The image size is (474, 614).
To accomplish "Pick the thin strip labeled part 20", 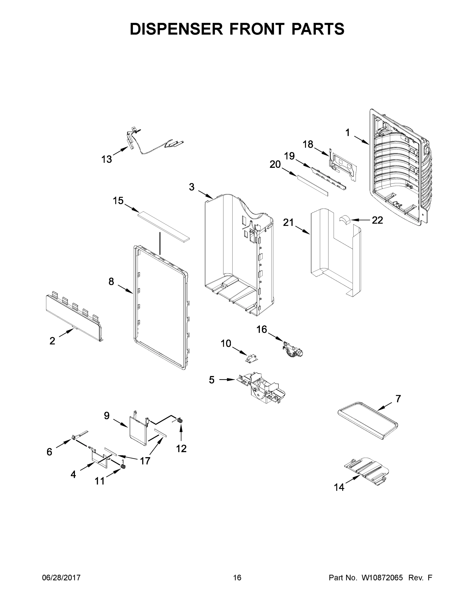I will click(313, 186).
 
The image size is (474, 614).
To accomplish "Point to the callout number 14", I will click(339, 487).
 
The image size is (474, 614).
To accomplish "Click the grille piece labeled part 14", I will click(366, 470).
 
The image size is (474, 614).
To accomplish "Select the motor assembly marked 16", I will click(293, 349).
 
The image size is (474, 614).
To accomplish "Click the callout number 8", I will click(111, 281).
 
